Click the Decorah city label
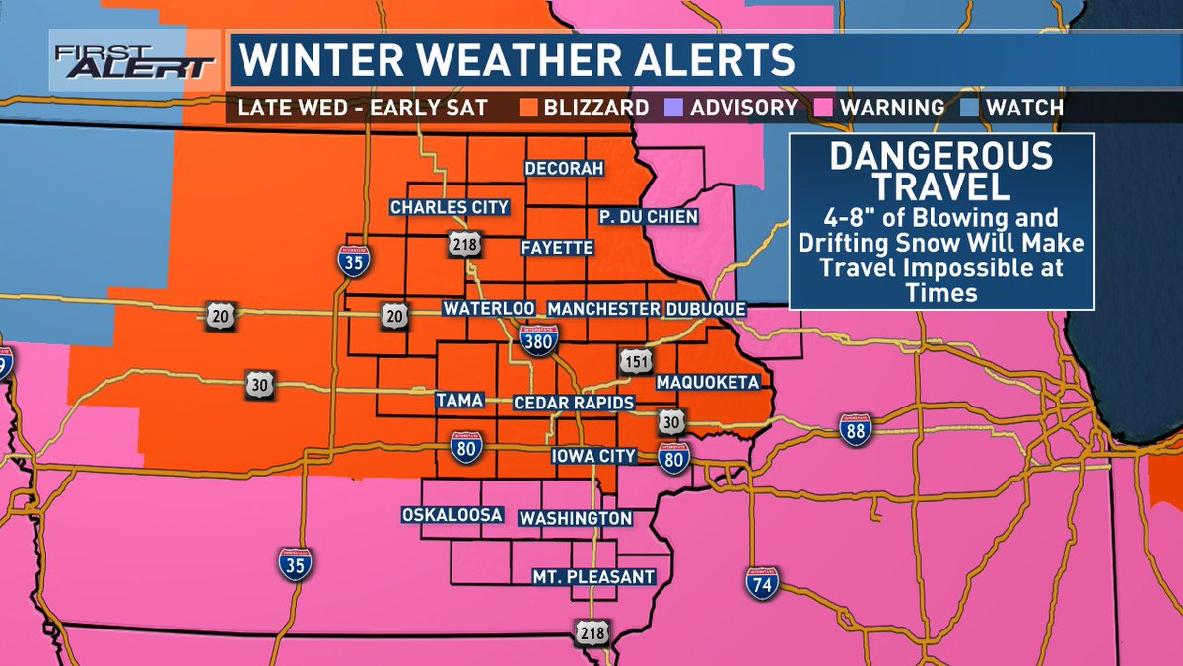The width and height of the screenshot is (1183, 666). tap(563, 169)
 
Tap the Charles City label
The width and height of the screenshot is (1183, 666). tap(450, 207)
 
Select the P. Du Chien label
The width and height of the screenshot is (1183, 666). tap(648, 217)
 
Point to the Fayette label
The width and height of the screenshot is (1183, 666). tap(557, 246)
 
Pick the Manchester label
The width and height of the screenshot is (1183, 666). tap(603, 309)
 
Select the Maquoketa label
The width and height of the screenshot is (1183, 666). tap(707, 381)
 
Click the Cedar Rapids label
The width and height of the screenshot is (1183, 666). tap(573, 403)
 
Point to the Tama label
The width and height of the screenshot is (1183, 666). tap(460, 401)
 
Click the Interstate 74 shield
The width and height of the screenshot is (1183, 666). tap(762, 582)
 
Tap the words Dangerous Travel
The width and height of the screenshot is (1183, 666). tap(939, 171)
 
